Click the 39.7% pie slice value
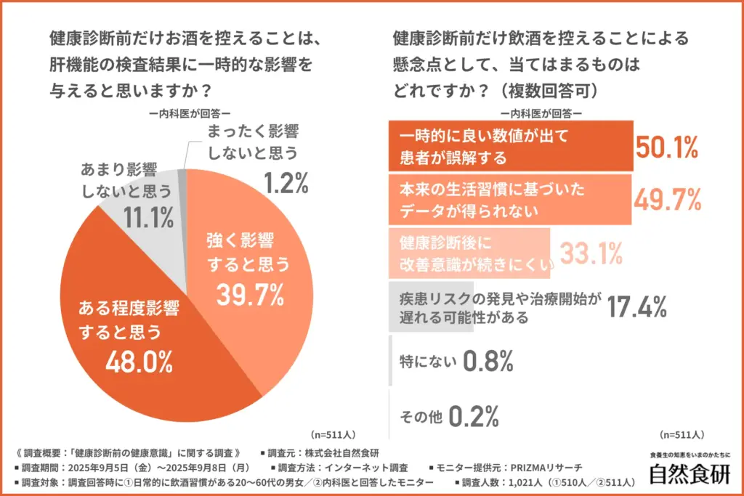tap(248, 294)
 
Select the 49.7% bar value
tap(667, 198)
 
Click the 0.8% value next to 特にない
tap(489, 360)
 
